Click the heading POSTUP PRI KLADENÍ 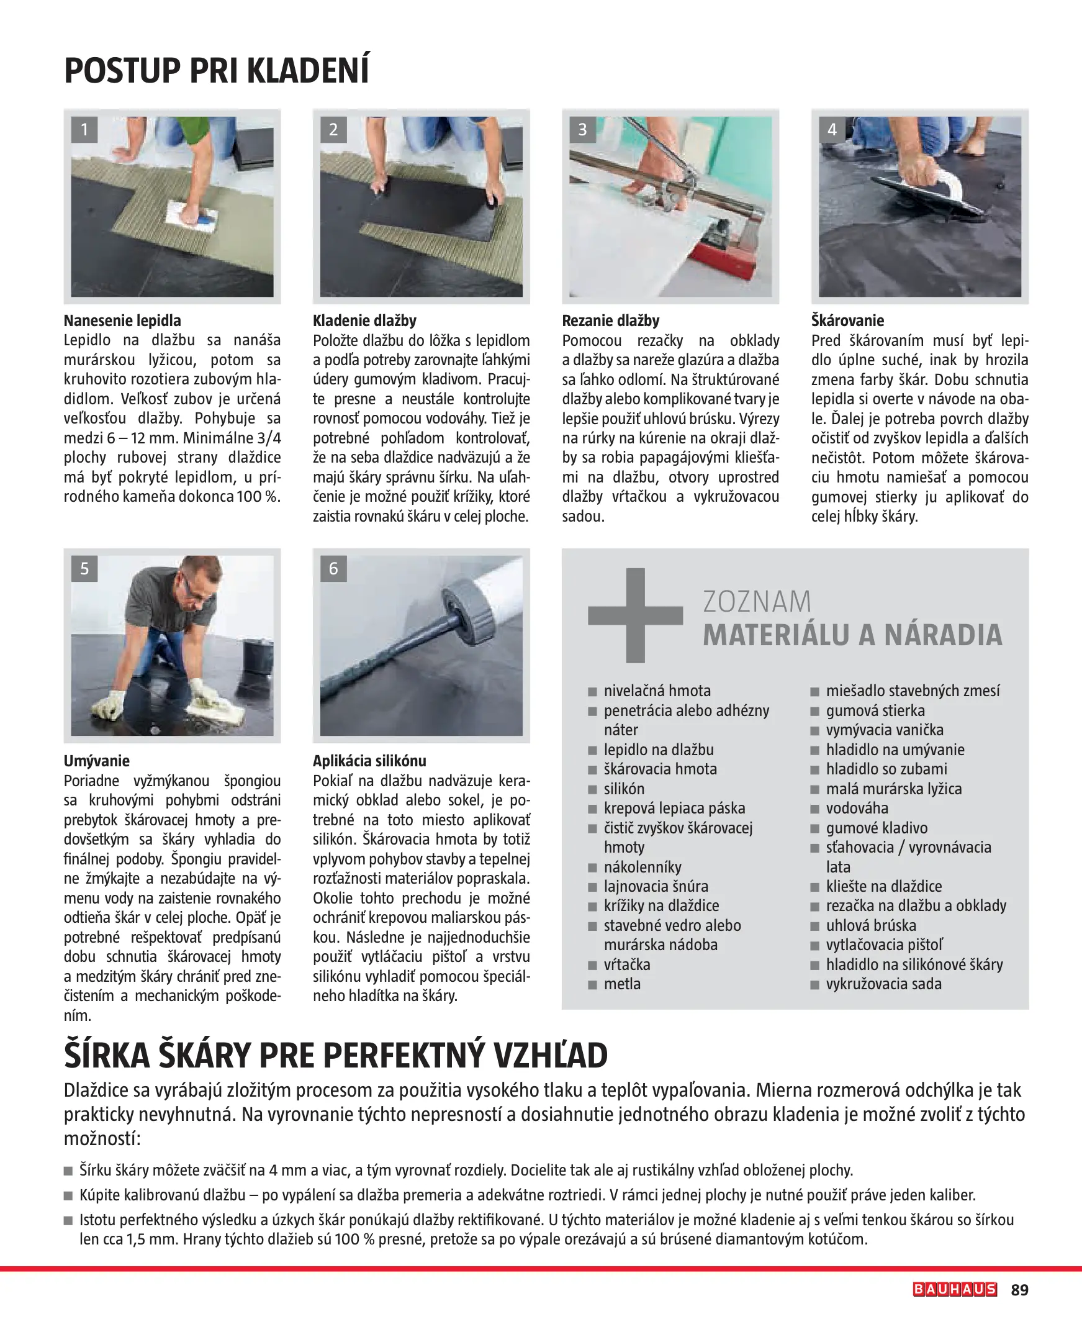pyautogui.click(x=216, y=70)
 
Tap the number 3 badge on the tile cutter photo pyautogui.click(x=582, y=130)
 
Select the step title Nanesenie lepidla pyautogui.click(x=122, y=320)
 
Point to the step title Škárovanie pyautogui.click(x=847, y=320)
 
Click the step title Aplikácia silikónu pyautogui.click(x=369, y=761)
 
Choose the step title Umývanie pyautogui.click(x=97, y=761)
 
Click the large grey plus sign pyautogui.click(x=635, y=615)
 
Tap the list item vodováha pyautogui.click(x=857, y=808)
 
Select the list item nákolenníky pyautogui.click(x=642, y=866)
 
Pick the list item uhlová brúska pyautogui.click(x=871, y=925)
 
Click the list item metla pyautogui.click(x=622, y=984)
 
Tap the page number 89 pyautogui.click(x=1020, y=1290)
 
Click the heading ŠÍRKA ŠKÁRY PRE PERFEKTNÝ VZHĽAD pyautogui.click(x=335, y=1055)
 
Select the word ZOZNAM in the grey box pyautogui.click(x=757, y=602)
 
